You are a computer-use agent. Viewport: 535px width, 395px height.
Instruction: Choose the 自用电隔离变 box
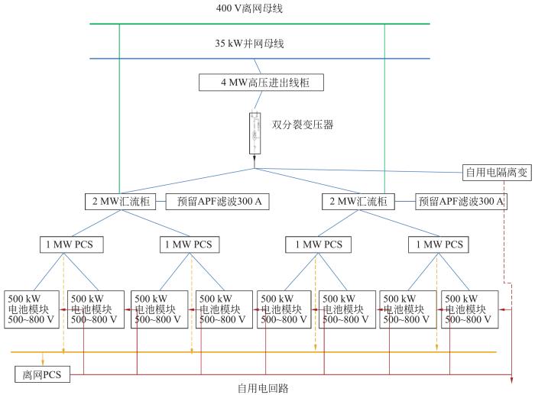pos(496,172)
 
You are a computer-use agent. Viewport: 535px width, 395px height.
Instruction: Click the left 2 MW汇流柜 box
pos(121,202)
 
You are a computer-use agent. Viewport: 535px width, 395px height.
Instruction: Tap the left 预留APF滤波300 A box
pos(208,202)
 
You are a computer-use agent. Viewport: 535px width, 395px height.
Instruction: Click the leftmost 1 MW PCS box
pos(71,244)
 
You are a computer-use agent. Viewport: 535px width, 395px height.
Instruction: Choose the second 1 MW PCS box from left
pos(190,244)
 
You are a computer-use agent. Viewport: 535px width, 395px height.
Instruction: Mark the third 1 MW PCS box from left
pos(315,244)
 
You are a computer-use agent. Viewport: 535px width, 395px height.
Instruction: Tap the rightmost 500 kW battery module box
pos(469,309)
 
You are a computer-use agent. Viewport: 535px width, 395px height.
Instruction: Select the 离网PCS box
pos(43,374)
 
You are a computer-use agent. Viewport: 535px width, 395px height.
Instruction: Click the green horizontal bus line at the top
pos(259,24)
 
